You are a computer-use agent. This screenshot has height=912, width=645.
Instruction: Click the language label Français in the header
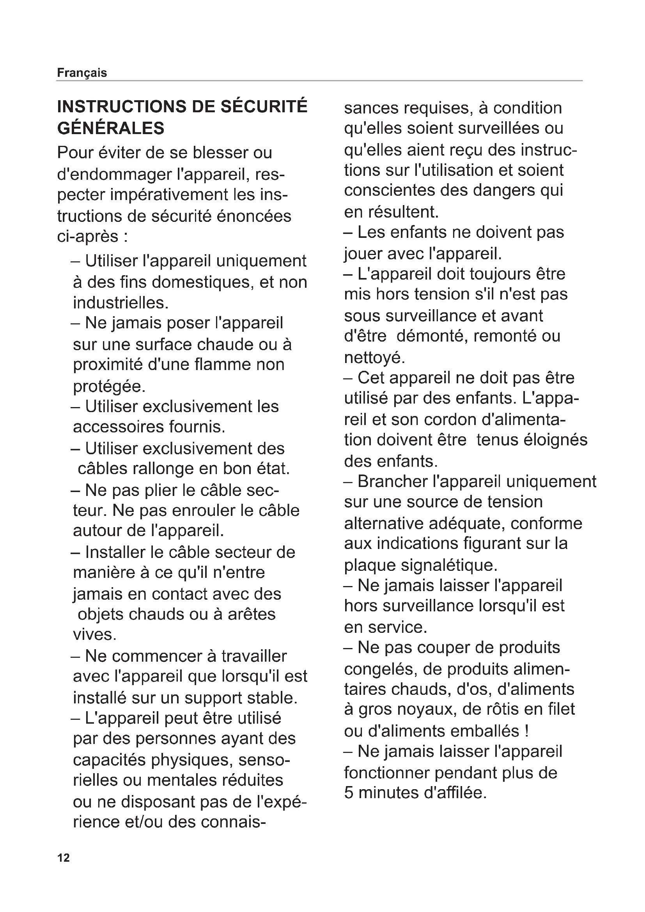(x=82, y=73)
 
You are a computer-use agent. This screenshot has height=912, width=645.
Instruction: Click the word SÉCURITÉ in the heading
(x=264, y=107)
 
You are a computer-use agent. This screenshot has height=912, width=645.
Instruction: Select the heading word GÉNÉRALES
(x=111, y=128)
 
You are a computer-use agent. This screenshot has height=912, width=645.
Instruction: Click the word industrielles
(x=121, y=303)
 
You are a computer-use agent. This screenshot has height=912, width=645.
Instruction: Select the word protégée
(x=109, y=386)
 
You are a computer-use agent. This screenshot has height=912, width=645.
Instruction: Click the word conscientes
(x=389, y=190)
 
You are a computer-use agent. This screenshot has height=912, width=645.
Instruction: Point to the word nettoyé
(x=374, y=358)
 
